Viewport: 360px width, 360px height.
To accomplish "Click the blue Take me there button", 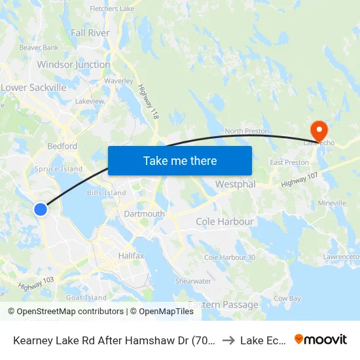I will (x=180, y=160).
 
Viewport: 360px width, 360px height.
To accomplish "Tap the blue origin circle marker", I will (x=41, y=209).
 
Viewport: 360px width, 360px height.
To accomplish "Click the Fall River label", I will (x=90, y=33).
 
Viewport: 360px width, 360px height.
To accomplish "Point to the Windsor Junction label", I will (x=73, y=65).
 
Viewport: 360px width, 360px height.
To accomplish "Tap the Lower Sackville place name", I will (x=34, y=87).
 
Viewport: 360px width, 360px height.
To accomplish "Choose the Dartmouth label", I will (x=144, y=214).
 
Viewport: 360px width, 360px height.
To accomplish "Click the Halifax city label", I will (x=131, y=255).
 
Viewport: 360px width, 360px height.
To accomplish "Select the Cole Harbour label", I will (x=225, y=222).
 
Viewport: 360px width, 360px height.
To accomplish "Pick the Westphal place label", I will (x=235, y=185).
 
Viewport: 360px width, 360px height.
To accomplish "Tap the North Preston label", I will (x=247, y=131).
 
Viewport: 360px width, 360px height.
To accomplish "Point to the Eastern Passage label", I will (x=223, y=304).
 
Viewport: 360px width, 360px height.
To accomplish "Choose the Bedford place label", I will (x=62, y=147).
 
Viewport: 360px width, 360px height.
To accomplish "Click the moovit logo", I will (x=321, y=339).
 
